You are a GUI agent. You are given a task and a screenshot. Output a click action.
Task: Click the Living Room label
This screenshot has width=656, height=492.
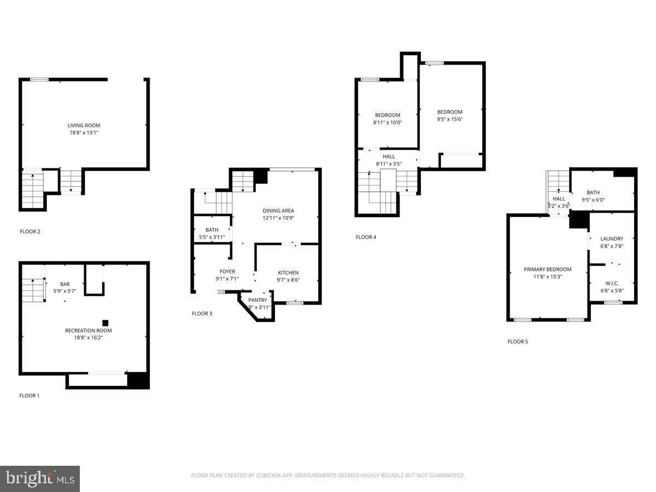[84, 125]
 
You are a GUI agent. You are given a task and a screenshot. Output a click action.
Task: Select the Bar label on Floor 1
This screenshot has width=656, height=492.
[65, 284]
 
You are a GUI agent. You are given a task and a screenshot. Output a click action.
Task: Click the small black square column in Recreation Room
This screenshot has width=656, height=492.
[105, 323]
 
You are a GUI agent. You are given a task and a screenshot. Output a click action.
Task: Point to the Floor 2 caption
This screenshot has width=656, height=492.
[30, 231]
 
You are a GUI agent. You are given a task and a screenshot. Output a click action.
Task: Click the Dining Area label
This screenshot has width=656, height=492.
[278, 210]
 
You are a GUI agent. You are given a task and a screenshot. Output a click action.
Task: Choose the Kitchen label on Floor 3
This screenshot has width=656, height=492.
[288, 273]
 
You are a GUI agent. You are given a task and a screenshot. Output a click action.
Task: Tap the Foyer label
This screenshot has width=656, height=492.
[227, 271]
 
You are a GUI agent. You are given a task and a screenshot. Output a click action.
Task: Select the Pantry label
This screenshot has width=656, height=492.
[257, 300]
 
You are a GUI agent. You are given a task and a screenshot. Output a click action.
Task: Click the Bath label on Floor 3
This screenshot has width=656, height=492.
[212, 230]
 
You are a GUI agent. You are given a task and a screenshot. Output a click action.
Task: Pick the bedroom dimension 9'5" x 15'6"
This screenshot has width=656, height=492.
[450, 119]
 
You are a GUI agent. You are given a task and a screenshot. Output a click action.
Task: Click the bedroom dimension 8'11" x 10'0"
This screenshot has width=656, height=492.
[388, 122]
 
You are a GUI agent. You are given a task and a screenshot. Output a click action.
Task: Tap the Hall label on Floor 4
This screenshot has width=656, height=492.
[389, 156]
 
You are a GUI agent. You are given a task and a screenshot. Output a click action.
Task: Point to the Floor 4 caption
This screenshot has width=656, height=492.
[366, 237]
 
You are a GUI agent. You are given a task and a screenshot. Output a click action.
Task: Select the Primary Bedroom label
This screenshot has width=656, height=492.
[547, 269]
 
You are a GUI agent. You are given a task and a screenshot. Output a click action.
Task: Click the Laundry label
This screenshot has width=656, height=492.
[611, 238]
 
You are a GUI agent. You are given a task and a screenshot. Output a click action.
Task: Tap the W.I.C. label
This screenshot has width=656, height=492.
[611, 283]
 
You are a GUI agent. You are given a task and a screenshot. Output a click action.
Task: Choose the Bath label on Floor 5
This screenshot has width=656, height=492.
[593, 192]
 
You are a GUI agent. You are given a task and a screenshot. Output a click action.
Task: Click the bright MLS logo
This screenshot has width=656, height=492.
[40, 478]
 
